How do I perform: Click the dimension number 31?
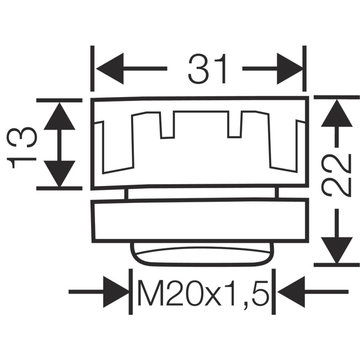click(x=207, y=69)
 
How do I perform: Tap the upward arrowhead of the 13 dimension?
click(x=60, y=116)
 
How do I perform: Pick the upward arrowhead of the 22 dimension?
click(x=337, y=113)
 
